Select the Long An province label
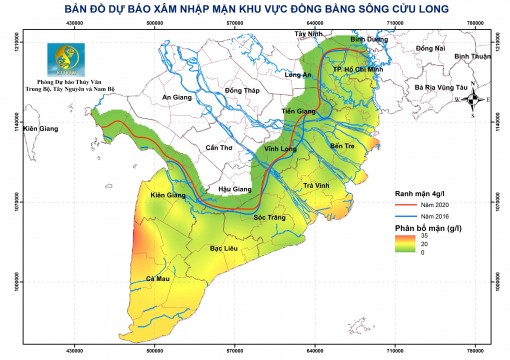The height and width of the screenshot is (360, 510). click(x=299, y=75)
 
